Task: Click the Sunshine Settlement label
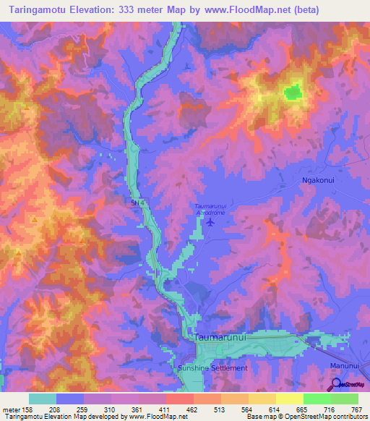point(212,367)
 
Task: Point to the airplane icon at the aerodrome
point(210,221)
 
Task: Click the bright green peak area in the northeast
point(293,92)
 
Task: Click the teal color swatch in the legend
point(43,399)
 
